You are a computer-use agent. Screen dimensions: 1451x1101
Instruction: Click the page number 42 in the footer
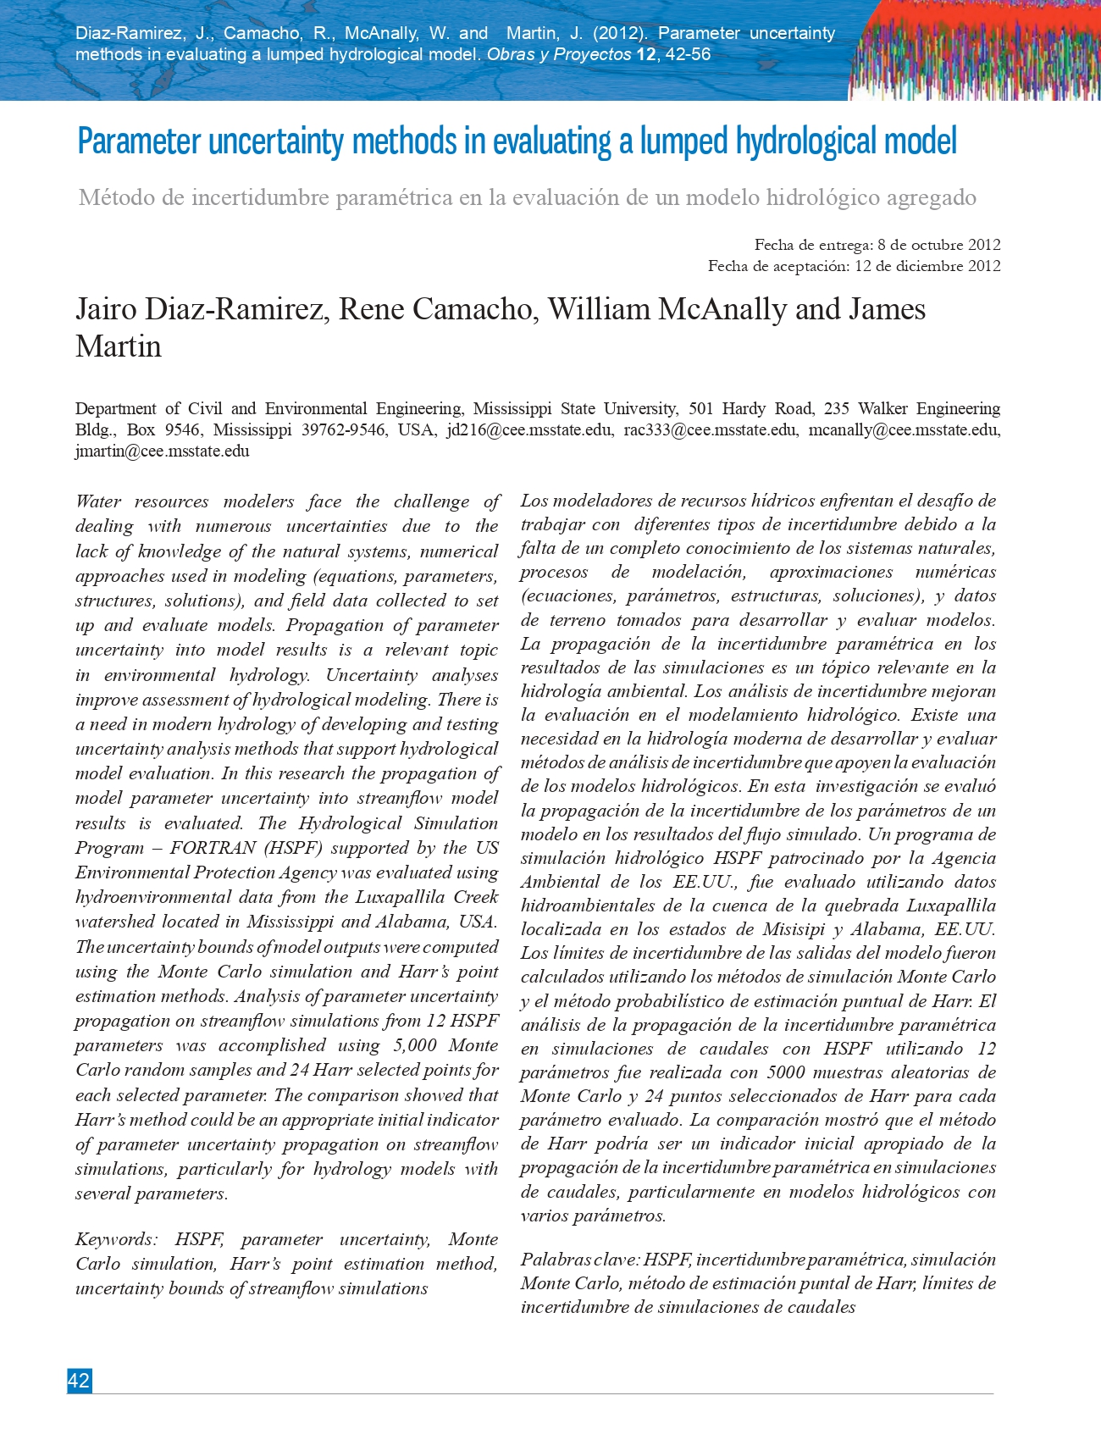(79, 1381)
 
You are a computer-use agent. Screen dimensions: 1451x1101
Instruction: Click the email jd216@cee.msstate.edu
(529, 429)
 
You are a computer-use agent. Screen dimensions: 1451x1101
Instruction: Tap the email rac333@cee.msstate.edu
(710, 429)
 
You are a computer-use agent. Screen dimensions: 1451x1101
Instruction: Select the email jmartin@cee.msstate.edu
(162, 451)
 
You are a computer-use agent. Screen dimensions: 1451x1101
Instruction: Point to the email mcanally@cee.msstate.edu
(903, 429)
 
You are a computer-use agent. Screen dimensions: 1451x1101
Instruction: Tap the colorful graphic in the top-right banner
(974, 51)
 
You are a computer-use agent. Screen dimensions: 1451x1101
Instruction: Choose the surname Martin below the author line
(118, 346)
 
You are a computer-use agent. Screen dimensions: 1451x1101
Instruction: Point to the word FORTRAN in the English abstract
(214, 848)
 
